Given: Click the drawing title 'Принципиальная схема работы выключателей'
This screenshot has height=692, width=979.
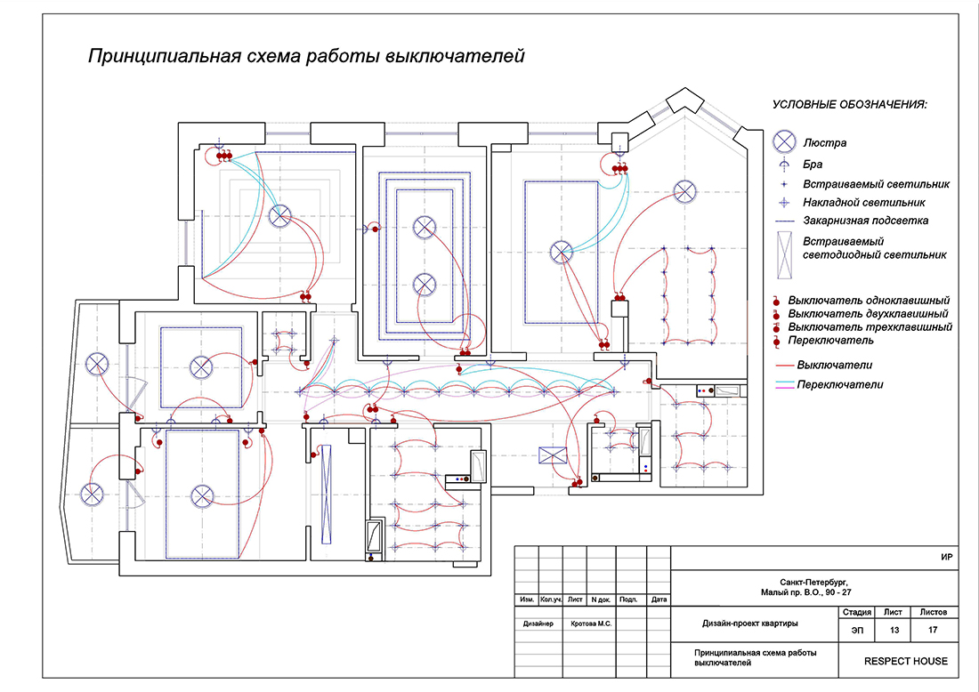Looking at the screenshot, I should click(306, 57).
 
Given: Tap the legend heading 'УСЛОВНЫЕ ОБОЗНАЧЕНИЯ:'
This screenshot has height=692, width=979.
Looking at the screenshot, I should click(849, 105).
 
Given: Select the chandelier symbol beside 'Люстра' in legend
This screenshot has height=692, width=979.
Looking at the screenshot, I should click(783, 141).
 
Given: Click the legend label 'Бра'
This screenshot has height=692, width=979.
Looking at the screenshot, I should click(813, 165).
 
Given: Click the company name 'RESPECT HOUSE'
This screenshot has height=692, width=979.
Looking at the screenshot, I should click(905, 661).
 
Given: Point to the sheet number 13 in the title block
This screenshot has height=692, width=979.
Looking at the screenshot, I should click(893, 630).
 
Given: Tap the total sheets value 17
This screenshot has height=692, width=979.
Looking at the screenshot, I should click(932, 630).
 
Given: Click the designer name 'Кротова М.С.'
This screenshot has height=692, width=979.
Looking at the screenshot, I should click(589, 624).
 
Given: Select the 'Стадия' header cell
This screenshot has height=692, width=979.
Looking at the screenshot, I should click(856, 612).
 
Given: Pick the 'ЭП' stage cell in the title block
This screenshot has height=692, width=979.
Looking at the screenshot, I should click(856, 630).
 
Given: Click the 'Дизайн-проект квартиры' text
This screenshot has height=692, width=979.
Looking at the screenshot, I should click(749, 623).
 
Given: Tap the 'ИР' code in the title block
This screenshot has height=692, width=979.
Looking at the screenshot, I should click(947, 558).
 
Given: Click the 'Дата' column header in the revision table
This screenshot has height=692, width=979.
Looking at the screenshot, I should click(659, 599).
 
